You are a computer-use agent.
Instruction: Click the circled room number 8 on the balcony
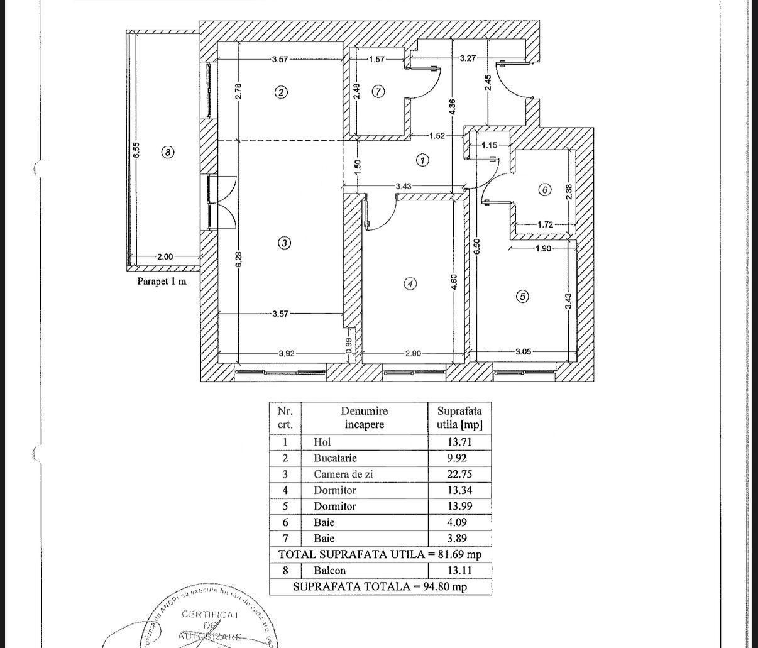[x=168, y=151]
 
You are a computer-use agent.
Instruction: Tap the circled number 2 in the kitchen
[x=281, y=92]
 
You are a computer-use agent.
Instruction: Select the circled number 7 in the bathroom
[x=378, y=92]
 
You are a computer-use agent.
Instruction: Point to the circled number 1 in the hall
[x=423, y=160]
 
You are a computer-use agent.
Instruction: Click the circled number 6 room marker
[x=545, y=189]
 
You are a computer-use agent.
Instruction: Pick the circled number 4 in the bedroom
[x=410, y=283]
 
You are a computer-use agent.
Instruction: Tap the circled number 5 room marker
[x=522, y=296]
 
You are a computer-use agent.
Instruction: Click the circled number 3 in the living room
[x=284, y=243]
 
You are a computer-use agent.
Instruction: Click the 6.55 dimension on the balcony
[x=136, y=150]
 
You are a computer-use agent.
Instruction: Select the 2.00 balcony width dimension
[x=165, y=256]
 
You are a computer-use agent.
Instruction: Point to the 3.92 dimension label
[x=286, y=354]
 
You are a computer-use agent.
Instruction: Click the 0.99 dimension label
[x=349, y=346]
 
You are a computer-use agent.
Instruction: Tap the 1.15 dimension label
[x=489, y=145]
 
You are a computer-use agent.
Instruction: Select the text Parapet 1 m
[x=162, y=282]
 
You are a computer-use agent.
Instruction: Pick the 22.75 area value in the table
[x=459, y=475]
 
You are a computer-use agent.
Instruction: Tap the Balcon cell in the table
[x=329, y=571]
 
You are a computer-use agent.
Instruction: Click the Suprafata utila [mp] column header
[x=459, y=418]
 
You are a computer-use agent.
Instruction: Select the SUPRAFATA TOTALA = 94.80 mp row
[x=380, y=586]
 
